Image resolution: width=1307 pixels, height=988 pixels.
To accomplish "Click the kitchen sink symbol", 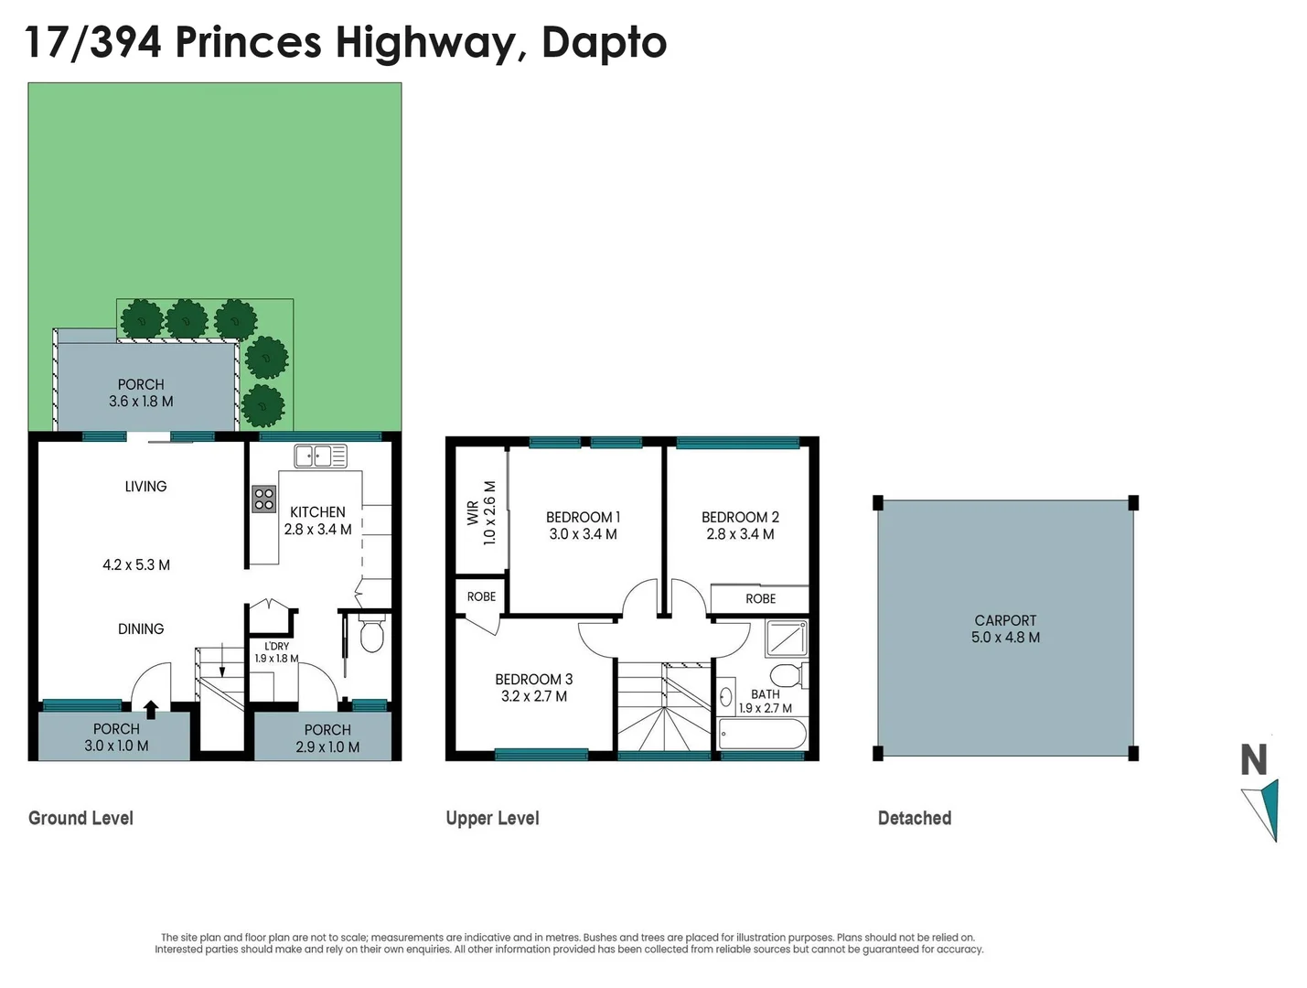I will click(x=320, y=456).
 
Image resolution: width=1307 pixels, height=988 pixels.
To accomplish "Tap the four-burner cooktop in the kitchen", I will click(x=264, y=499).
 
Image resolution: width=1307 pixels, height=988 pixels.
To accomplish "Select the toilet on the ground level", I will click(x=371, y=634).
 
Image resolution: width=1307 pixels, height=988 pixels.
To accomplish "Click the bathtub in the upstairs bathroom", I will click(x=763, y=734).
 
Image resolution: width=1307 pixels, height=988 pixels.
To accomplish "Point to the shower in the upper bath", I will click(x=786, y=638).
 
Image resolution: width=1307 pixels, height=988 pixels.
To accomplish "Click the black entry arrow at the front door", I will click(x=151, y=709).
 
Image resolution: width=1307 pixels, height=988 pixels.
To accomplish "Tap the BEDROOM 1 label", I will click(x=583, y=517).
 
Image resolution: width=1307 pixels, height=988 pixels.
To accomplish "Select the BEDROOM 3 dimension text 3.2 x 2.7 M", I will click(x=534, y=696).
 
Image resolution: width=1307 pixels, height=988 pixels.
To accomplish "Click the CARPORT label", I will click(x=1005, y=620).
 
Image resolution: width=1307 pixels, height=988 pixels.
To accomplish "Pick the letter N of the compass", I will click(x=1253, y=760).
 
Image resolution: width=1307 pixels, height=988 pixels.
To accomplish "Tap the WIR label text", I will click(x=473, y=512).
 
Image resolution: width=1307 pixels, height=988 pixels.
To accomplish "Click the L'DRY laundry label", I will click(x=276, y=646).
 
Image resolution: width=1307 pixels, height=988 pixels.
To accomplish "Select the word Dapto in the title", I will click(x=604, y=43).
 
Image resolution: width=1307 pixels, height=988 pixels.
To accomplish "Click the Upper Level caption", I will click(x=492, y=818).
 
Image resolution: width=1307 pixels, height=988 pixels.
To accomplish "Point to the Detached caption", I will click(x=914, y=818).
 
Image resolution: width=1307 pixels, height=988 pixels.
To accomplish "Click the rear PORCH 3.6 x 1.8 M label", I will click(x=141, y=393).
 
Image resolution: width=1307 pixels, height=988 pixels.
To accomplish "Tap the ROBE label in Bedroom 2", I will click(x=760, y=598).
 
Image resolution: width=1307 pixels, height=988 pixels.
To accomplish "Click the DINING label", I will click(x=141, y=628).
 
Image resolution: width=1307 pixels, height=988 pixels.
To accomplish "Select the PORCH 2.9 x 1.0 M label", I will click(x=327, y=738).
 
